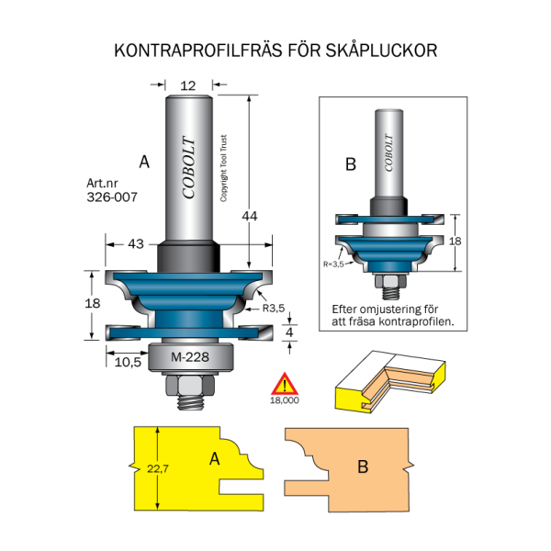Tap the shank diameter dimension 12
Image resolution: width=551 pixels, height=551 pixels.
(188, 84)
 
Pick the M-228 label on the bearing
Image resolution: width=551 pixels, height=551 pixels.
(190, 358)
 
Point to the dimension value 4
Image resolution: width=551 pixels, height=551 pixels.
(290, 332)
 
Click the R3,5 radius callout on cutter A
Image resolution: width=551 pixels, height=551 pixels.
(275, 308)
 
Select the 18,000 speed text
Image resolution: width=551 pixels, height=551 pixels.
(286, 400)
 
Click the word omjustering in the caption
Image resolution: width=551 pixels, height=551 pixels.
(399, 309)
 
